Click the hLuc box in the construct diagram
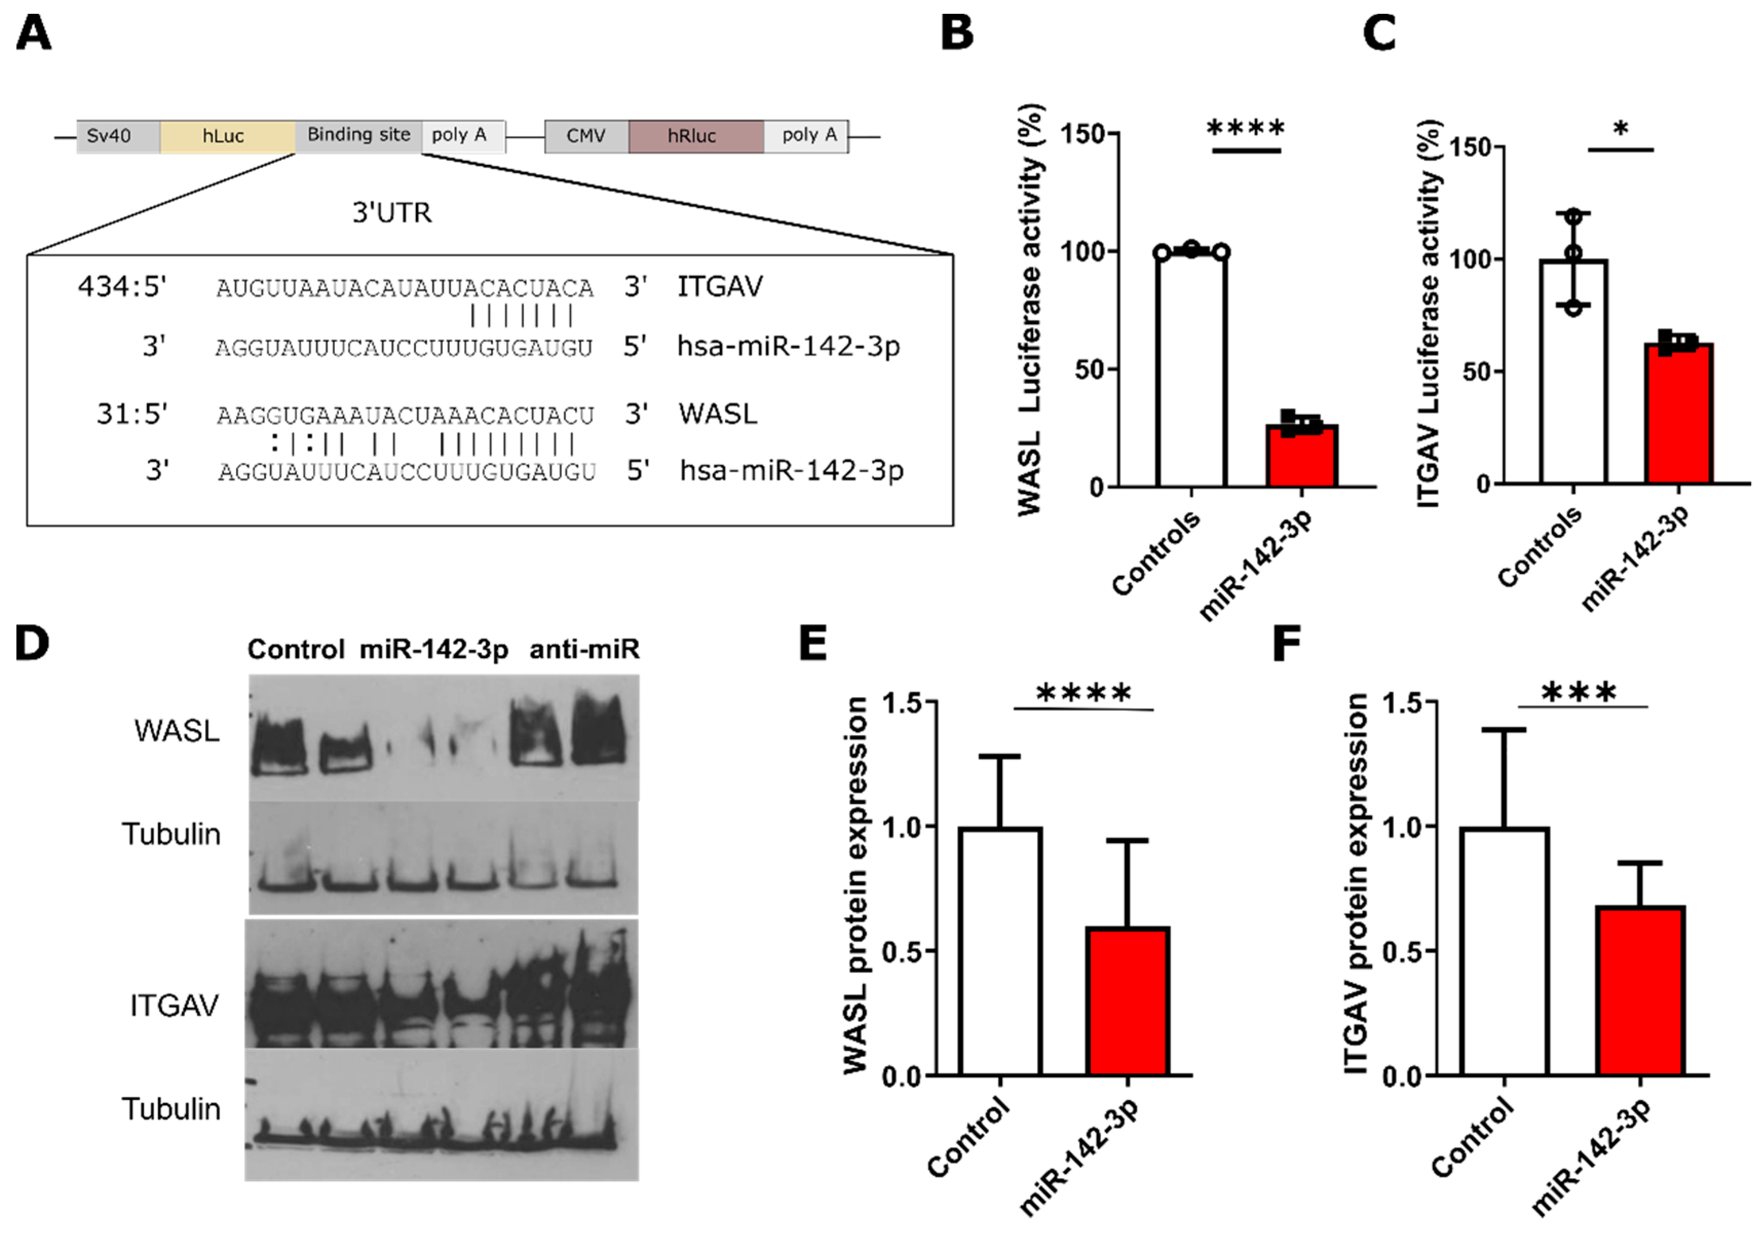click(227, 137)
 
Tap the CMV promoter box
click(586, 137)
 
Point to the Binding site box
click(358, 136)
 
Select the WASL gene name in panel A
click(717, 414)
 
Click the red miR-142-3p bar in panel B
click(1302, 456)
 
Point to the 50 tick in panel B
click(1091, 369)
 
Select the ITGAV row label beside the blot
click(174, 1005)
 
